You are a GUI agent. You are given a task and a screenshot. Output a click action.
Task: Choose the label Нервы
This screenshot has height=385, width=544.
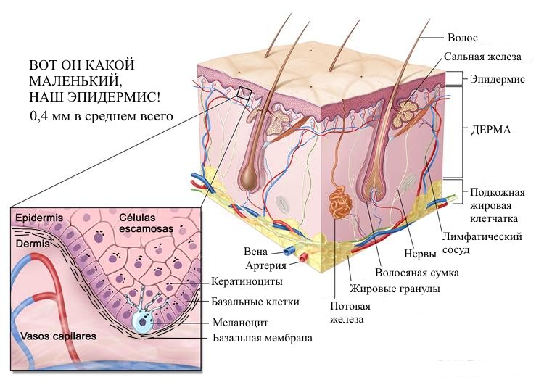[x=420, y=255]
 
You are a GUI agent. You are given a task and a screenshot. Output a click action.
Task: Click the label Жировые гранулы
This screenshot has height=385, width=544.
[x=395, y=289]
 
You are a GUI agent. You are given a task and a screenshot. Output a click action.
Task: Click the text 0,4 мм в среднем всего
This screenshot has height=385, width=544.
[x=100, y=115]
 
